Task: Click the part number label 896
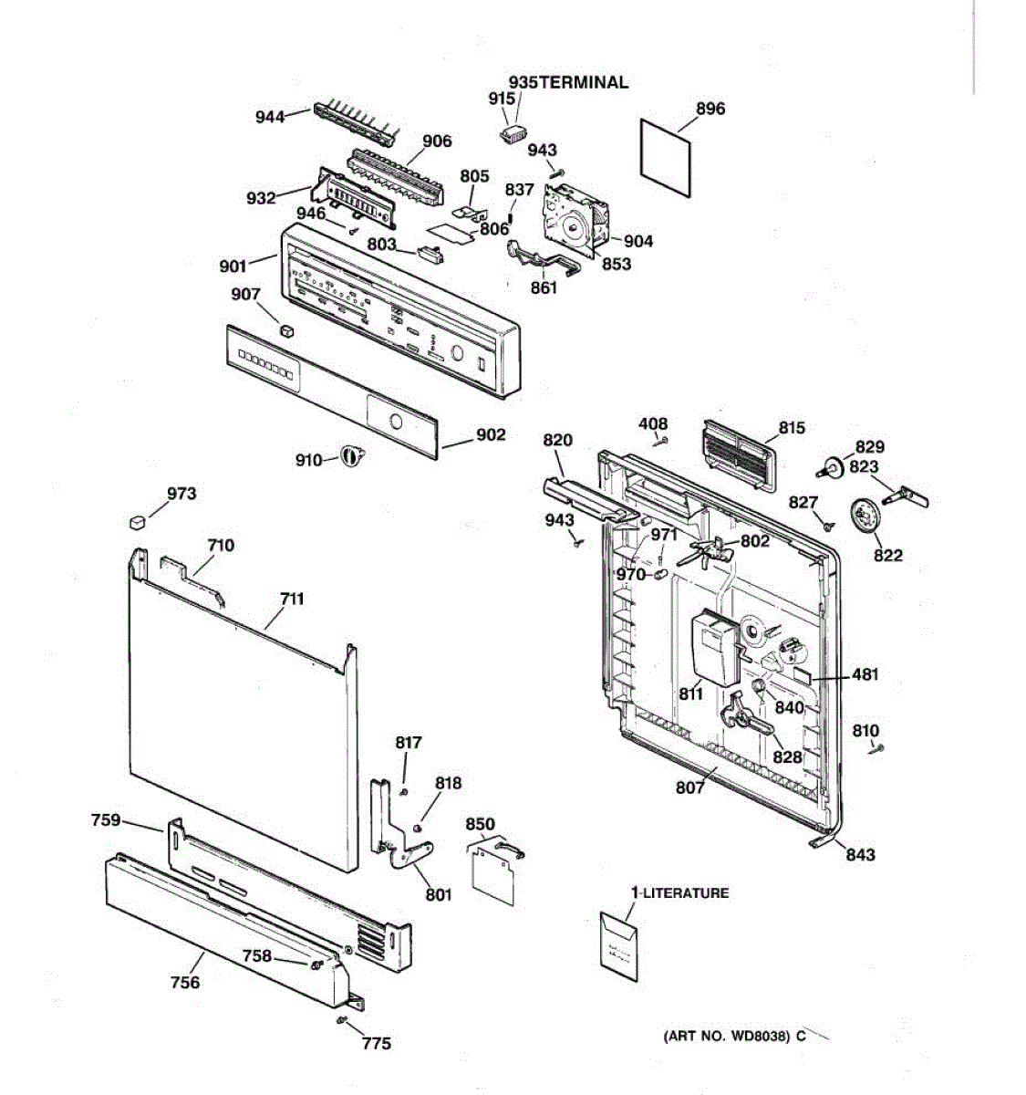tap(710, 109)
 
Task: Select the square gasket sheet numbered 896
tap(665, 156)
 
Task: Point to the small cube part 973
tap(137, 520)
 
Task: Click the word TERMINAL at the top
tap(584, 82)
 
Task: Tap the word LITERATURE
tap(686, 893)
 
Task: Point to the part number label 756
tap(185, 982)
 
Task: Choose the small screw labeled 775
tap(343, 1019)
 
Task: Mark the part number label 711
tap(292, 599)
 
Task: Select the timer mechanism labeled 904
tap(572, 218)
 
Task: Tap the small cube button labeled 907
tap(287, 329)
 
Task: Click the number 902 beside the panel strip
tap(491, 434)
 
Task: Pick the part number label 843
tap(860, 854)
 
